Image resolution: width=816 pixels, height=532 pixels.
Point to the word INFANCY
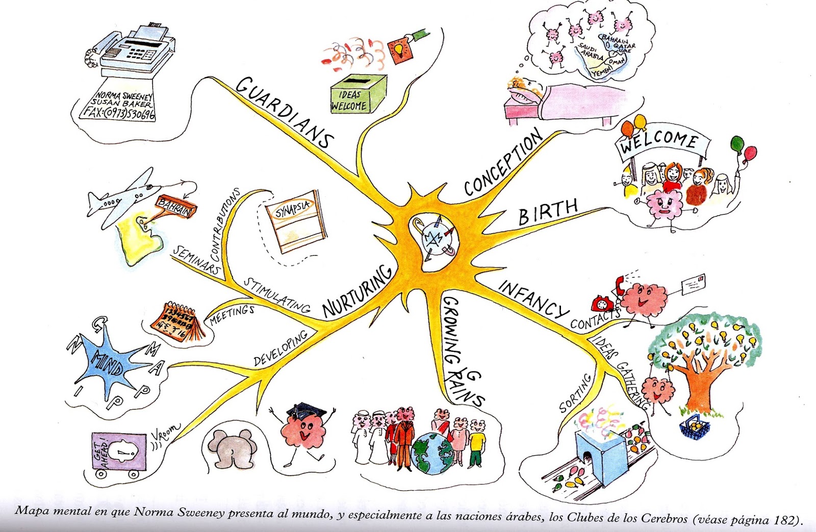coord(533,298)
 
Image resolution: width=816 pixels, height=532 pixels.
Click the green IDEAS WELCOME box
coord(358,95)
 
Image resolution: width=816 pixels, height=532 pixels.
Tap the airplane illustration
coord(122,196)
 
